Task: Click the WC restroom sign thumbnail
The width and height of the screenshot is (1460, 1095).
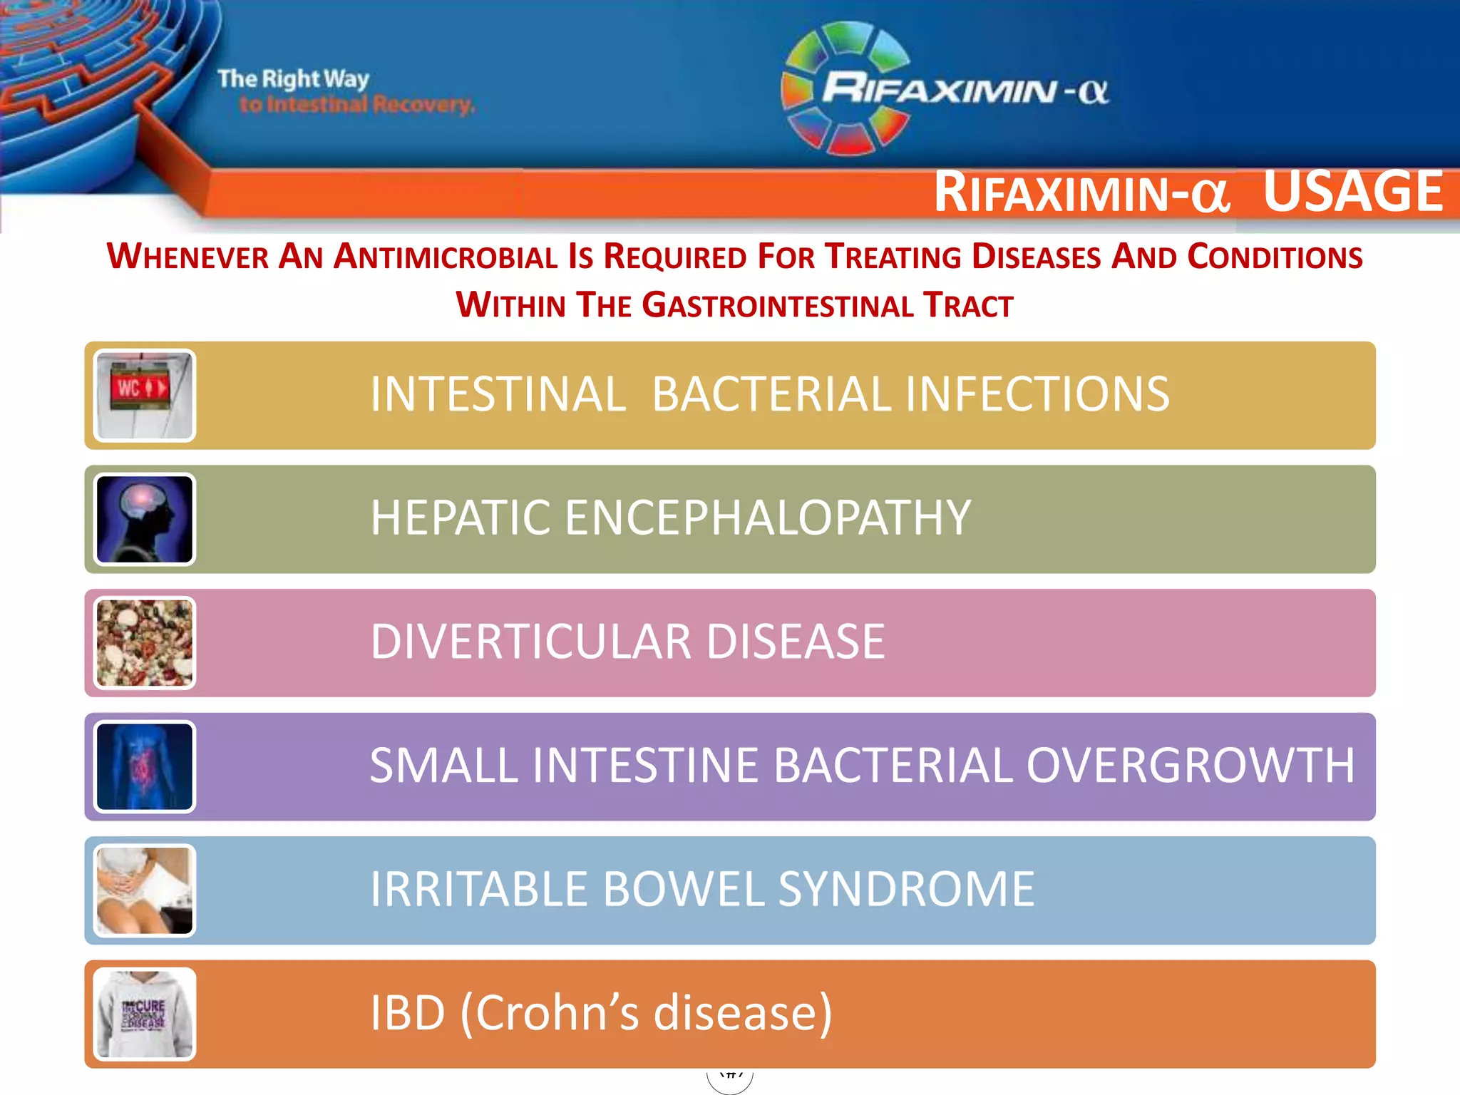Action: [144, 396]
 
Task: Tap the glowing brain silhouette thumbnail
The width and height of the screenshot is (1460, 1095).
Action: [144, 520]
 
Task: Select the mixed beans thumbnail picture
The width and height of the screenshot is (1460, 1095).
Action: [144, 643]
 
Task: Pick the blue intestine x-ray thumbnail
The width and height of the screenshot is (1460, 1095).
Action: [144, 767]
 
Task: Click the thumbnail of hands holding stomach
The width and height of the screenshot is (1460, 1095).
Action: [144, 890]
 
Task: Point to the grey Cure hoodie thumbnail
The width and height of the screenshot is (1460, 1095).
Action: [144, 1014]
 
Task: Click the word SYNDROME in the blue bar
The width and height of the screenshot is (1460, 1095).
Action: [905, 889]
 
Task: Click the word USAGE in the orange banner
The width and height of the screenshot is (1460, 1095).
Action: [1352, 192]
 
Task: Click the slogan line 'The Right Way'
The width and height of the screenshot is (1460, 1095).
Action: [293, 78]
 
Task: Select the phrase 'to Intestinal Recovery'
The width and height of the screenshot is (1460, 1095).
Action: [356, 105]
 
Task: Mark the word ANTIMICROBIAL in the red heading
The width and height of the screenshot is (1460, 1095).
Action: [446, 257]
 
